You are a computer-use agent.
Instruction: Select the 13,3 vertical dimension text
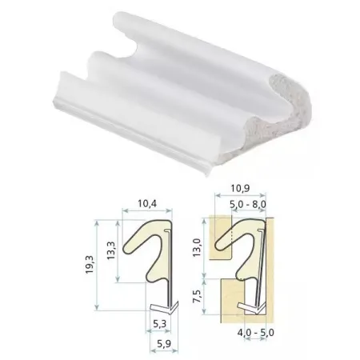coord(110,250)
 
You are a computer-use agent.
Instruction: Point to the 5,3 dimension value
coord(159,324)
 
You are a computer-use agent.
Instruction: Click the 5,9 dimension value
coord(164,344)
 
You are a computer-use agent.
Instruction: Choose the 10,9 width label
coord(240,189)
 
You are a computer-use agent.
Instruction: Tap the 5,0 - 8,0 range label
coord(248,205)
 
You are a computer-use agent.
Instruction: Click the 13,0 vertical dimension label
coord(197,248)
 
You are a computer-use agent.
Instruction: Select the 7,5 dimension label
coord(197,297)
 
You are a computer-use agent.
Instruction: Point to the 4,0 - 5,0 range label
coord(255,333)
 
